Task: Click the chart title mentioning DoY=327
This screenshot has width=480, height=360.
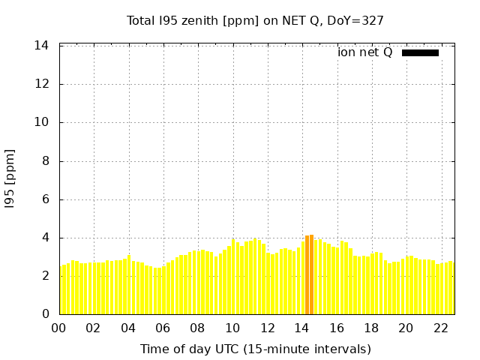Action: click(x=255, y=20)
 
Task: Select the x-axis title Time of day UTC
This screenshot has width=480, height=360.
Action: click(x=255, y=349)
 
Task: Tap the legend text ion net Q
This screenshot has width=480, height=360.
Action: click(x=364, y=52)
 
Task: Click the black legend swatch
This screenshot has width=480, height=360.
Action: click(x=420, y=52)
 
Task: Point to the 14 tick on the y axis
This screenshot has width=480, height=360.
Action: click(x=42, y=46)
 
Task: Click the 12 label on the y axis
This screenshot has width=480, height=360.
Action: click(x=42, y=84)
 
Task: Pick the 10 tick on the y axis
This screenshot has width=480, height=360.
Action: click(x=42, y=122)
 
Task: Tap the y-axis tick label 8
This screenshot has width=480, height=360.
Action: click(x=45, y=161)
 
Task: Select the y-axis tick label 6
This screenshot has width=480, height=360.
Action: click(x=45, y=199)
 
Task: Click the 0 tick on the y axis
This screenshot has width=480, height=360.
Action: click(x=45, y=314)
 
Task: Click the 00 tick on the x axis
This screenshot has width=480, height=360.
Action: click(x=58, y=328)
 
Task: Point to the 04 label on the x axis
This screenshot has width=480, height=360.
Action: click(x=128, y=328)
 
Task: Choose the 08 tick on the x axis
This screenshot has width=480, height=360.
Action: click(x=197, y=328)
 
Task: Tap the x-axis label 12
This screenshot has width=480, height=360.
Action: click(x=267, y=328)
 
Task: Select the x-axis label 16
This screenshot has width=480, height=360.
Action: click(x=337, y=328)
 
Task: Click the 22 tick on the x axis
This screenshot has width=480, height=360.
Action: click(x=441, y=328)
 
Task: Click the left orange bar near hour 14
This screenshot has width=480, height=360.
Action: click(x=307, y=275)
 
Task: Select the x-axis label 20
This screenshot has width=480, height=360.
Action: click(x=406, y=328)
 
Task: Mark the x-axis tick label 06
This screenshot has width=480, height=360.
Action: click(x=163, y=328)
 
